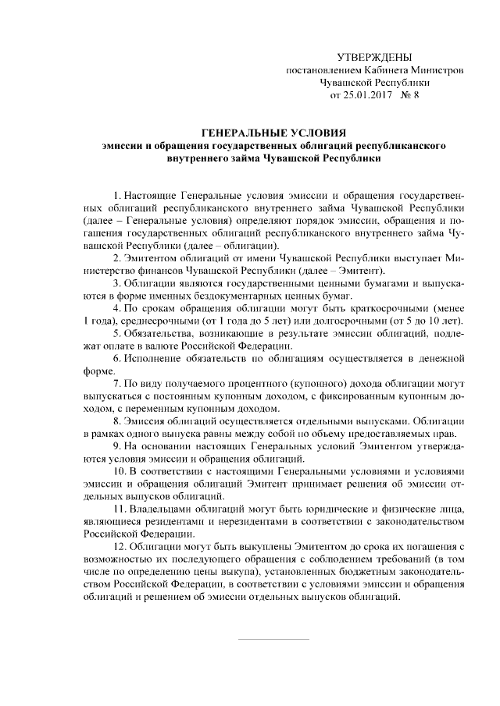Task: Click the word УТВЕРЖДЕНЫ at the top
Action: [373, 57]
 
